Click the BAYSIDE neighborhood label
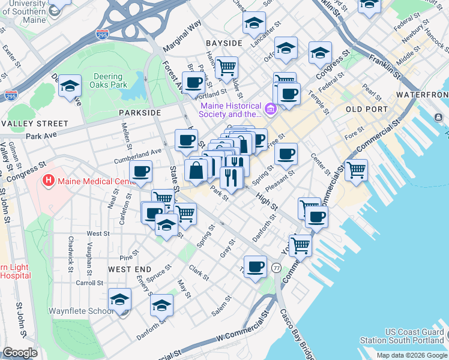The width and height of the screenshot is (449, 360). tap(224, 43)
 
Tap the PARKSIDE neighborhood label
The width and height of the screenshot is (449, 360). tap(140, 112)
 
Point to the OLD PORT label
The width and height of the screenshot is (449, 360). tap(366, 109)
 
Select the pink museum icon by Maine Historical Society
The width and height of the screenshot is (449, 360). tap(270, 109)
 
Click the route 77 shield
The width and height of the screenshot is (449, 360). tap(276, 267)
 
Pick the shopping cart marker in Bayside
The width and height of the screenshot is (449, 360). tap(226, 68)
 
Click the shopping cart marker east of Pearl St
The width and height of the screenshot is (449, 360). tap(356, 170)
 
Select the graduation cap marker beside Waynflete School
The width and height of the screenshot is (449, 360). tap(119, 299)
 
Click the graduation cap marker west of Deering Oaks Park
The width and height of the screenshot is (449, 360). tap(70, 86)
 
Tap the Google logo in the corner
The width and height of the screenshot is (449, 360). tap(20, 353)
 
